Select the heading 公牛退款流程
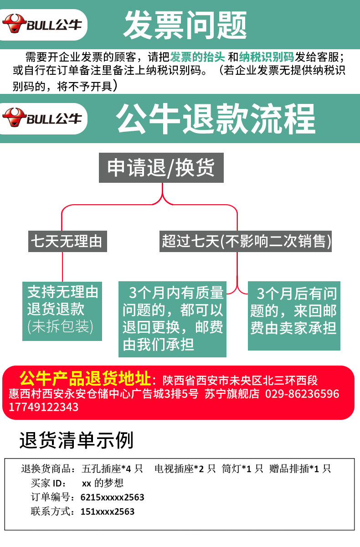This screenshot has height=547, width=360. coord(215,119)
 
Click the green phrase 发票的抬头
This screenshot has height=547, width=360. coord(197,57)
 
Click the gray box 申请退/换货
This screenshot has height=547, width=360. coord(161,168)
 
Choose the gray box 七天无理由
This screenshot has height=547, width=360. coord(67,241)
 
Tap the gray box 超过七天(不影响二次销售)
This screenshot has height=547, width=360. coord(246,241)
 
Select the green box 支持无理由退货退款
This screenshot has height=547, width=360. coord(62,311)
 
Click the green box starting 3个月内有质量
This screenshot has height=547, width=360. coord(173,319)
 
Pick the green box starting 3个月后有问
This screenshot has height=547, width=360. coord(294,315)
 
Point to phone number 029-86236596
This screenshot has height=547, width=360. coord(302,394)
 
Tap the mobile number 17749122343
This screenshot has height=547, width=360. coord(44,407)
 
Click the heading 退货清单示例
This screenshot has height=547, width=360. coord(76,441)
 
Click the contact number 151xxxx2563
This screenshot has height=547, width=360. coord(108,511)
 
